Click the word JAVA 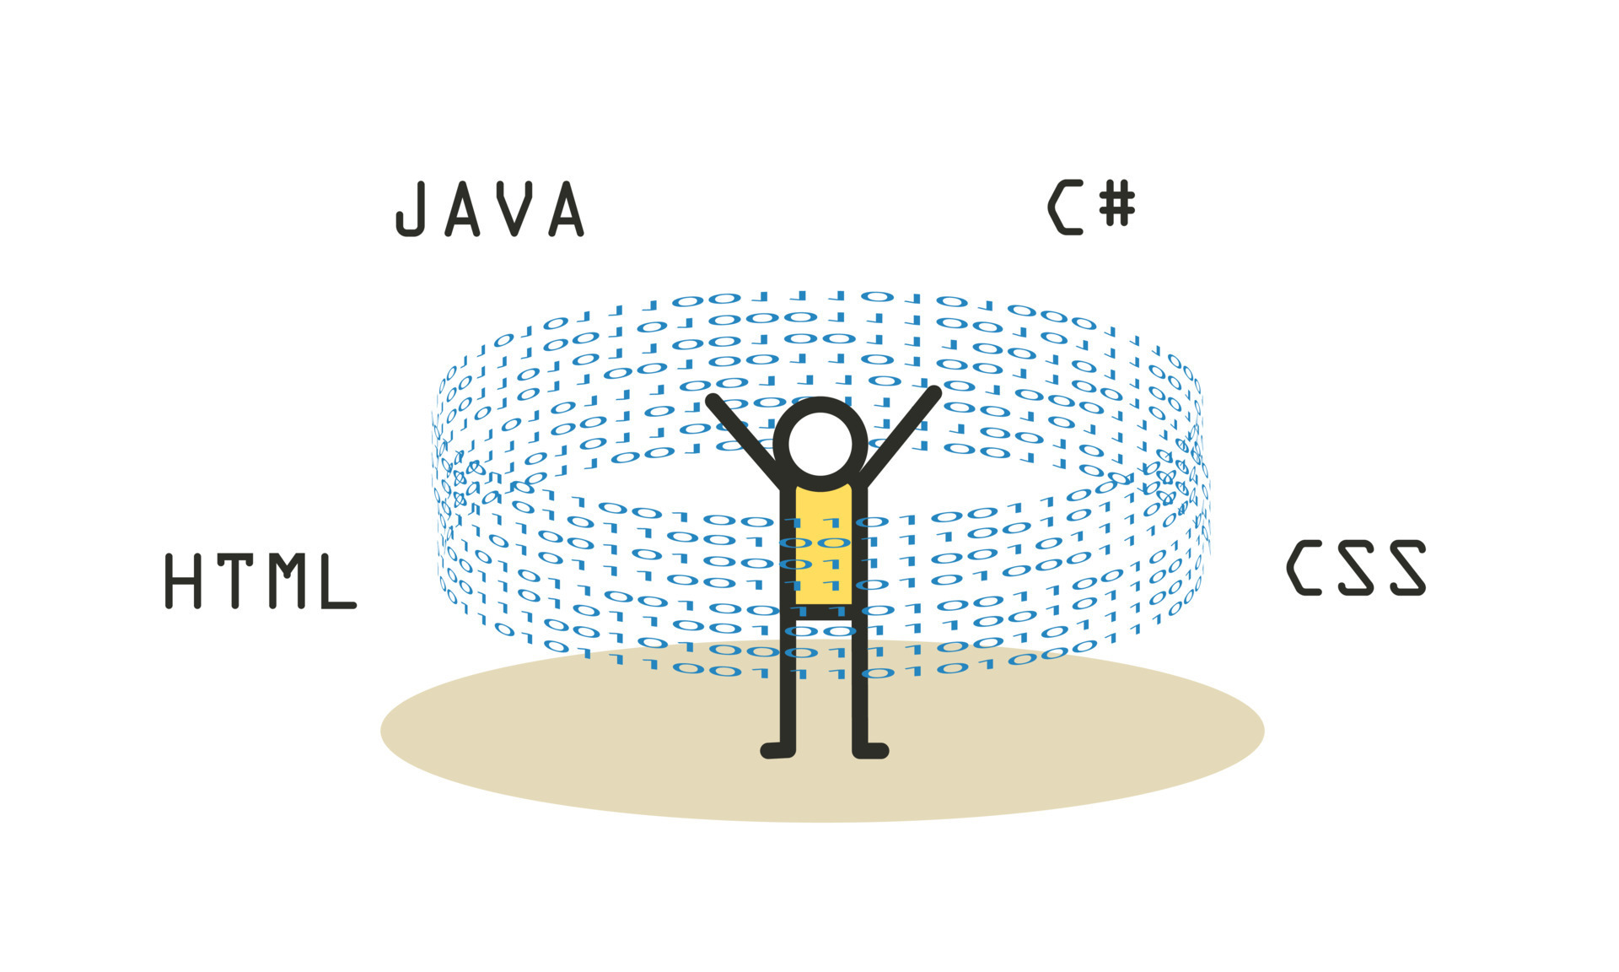pos(490,208)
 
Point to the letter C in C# pos(1065,207)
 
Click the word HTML pos(261,580)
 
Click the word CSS pos(1356,568)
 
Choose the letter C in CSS pos(1303,568)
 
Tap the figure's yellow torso pos(823,544)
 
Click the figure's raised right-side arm pos(902,435)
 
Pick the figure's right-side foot pos(871,749)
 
